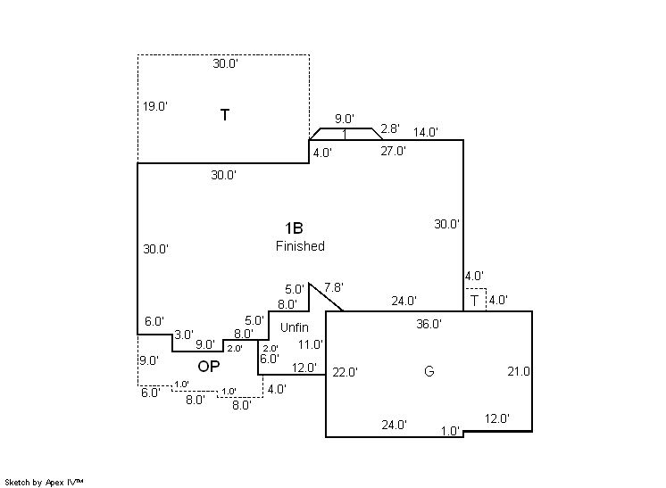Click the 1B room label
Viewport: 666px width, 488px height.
pyautogui.click(x=294, y=228)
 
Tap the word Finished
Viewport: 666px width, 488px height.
pyautogui.click(x=300, y=246)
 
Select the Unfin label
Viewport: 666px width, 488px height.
pyautogui.click(x=294, y=327)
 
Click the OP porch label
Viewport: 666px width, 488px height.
pyautogui.click(x=208, y=366)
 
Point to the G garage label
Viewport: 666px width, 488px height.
pyautogui.click(x=429, y=371)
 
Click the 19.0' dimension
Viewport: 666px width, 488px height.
pyautogui.click(x=155, y=106)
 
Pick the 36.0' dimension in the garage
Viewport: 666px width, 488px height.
pyautogui.click(x=429, y=325)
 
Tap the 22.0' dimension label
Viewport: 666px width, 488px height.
pyautogui.click(x=345, y=372)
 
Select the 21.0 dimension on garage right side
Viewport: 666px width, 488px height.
pyautogui.click(x=519, y=371)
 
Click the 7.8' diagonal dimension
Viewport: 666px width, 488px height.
pyautogui.click(x=334, y=287)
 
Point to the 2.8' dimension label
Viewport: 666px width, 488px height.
pyautogui.click(x=390, y=129)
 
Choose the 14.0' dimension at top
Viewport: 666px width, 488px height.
pyautogui.click(x=426, y=133)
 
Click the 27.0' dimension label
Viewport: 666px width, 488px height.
pyautogui.click(x=394, y=152)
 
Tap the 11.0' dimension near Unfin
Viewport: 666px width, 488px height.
pyautogui.click(x=310, y=344)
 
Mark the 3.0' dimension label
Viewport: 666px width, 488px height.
pyautogui.click(x=184, y=335)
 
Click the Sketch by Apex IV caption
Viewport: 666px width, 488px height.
pyautogui.click(x=44, y=482)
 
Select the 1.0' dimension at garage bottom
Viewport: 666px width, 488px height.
pyautogui.click(x=451, y=431)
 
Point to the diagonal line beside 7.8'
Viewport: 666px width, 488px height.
pyautogui.click(x=327, y=297)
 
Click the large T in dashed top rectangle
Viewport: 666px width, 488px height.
pyautogui.click(x=224, y=115)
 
